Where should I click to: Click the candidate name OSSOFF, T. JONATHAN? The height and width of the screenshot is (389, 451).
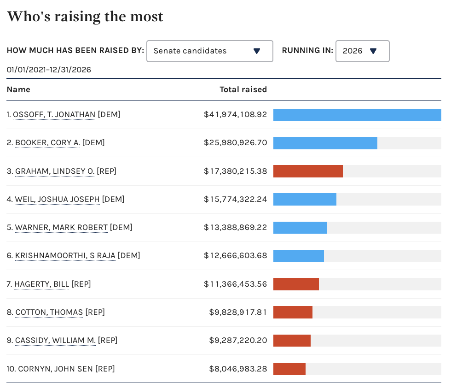(x=54, y=114)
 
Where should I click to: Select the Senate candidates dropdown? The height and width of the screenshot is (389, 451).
(x=209, y=51)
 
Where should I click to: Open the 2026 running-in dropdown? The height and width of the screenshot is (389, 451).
(x=362, y=51)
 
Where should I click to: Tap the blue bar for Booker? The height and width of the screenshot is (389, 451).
(x=325, y=143)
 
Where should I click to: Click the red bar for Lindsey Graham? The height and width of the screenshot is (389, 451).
(x=308, y=171)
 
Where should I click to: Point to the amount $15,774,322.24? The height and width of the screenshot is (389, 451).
(x=235, y=200)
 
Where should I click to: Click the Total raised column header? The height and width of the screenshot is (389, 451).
(x=243, y=89)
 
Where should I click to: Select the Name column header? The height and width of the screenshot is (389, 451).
(x=18, y=89)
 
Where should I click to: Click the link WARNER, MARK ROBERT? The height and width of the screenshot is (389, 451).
(x=61, y=228)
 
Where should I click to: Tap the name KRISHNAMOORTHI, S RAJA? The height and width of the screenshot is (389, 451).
(x=65, y=256)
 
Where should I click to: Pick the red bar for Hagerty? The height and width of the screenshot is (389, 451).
(x=296, y=284)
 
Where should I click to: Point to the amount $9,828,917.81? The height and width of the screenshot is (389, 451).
(x=238, y=312)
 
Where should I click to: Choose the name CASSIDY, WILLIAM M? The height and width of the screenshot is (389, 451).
(x=55, y=341)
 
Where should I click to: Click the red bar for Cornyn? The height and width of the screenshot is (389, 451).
(x=289, y=369)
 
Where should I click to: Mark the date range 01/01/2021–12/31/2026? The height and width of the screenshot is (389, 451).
(x=49, y=70)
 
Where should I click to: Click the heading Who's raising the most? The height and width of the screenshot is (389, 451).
(x=85, y=17)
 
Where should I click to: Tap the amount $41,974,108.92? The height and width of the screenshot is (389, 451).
(x=235, y=114)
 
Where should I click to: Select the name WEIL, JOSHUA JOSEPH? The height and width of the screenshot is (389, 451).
(x=57, y=200)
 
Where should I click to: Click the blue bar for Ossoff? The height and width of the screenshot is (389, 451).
(x=357, y=115)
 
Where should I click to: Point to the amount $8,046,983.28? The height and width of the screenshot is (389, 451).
(x=238, y=369)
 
